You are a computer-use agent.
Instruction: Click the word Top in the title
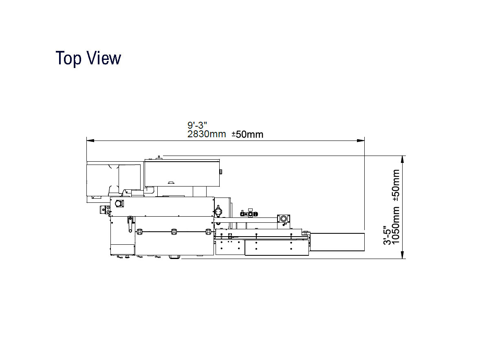68,58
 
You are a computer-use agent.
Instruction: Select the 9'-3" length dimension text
197,125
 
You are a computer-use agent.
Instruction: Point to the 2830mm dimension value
207,134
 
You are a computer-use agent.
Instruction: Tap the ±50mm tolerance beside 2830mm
248,134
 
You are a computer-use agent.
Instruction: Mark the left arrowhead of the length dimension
90,140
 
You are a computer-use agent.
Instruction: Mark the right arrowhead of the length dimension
361,140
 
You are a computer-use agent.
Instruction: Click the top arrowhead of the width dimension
402,160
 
